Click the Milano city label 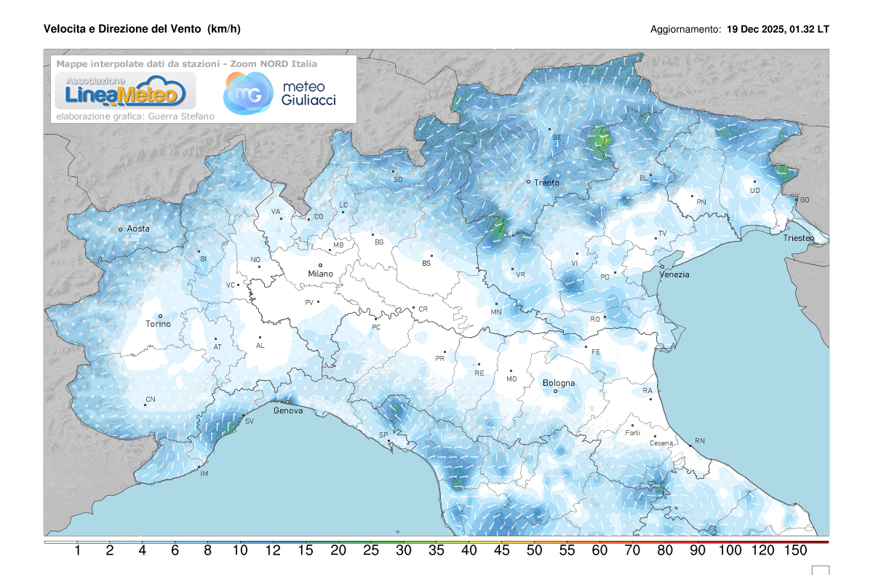(x=320, y=274)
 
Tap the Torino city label (x=158, y=324)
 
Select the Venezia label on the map (x=674, y=274)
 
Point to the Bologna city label (x=559, y=383)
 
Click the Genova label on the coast (x=288, y=411)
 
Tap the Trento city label (x=546, y=183)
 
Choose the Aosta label (x=138, y=229)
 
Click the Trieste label (x=800, y=238)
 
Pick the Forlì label (x=632, y=433)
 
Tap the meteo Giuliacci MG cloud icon (x=245, y=93)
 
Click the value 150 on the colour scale (x=796, y=551)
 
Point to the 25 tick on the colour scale (x=371, y=551)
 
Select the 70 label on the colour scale (x=632, y=551)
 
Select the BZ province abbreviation (x=557, y=137)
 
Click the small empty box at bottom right (x=821, y=570)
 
